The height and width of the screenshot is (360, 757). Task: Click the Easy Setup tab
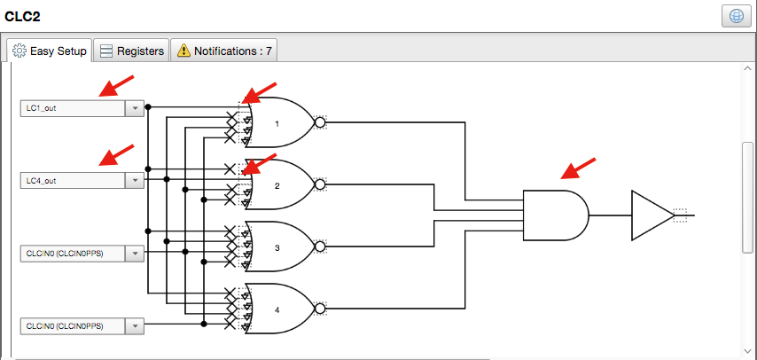click(x=50, y=51)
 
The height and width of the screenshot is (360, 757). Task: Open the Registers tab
click(x=131, y=51)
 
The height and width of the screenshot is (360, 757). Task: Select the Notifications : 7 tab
click(x=224, y=51)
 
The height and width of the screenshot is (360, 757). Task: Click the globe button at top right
click(x=735, y=18)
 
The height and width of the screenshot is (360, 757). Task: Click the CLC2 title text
click(x=23, y=16)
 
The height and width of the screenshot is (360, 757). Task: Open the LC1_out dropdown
click(x=134, y=108)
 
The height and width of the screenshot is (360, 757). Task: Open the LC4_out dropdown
click(x=134, y=181)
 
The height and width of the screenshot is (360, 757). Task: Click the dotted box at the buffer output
click(x=680, y=214)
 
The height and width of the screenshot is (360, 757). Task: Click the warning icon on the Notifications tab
click(x=183, y=51)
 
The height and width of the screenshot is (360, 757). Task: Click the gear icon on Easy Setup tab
click(x=19, y=51)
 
